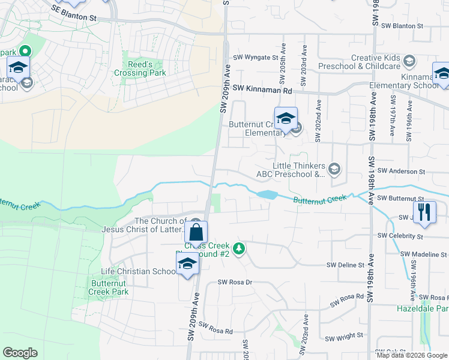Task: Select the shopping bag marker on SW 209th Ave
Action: pos(196,232)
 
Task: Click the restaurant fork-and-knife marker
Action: pos(424,212)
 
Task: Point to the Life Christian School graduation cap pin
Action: pos(187,263)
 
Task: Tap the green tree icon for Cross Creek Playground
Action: pos(239,248)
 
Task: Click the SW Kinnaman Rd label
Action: pos(262,88)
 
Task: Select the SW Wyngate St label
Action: pos(256,58)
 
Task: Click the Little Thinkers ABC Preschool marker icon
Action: pos(334,170)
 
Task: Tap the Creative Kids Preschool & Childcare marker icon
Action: pos(409,61)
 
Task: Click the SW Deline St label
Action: pos(345,265)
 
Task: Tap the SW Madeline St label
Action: pos(424,254)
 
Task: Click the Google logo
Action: pos(20,353)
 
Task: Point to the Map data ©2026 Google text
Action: pos(411,355)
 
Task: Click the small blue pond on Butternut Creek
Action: pos(267,194)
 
